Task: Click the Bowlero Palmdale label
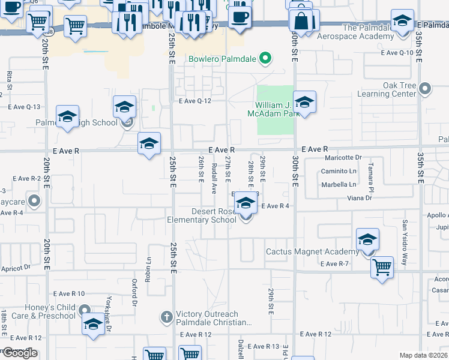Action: (x=222, y=59)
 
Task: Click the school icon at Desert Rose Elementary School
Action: (x=245, y=204)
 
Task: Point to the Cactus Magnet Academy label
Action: (x=312, y=251)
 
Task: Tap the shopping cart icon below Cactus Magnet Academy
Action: (x=382, y=268)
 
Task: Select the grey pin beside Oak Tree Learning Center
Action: (x=425, y=89)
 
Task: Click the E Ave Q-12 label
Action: (x=195, y=101)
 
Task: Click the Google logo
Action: (x=20, y=353)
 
